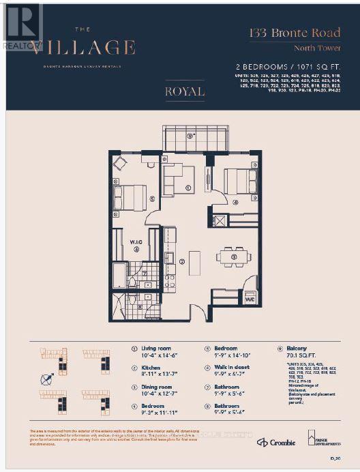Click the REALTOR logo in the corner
point(22,26)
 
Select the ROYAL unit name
point(184,91)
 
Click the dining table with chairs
point(233,257)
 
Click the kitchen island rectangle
point(194,263)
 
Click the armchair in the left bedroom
point(120,163)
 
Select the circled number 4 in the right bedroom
point(235,203)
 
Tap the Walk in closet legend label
point(230,368)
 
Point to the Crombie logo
point(276,442)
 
